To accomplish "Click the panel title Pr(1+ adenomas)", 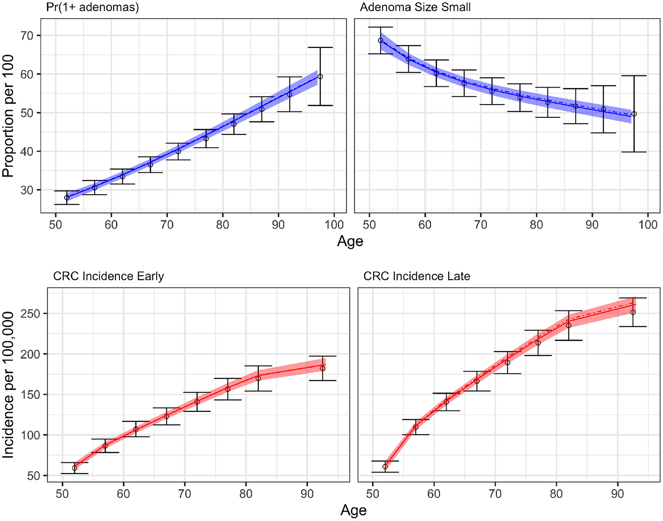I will point(92,7).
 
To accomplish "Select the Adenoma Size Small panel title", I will point(415,7).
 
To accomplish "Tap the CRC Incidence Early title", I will point(108,276).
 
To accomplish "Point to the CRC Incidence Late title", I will point(416,276).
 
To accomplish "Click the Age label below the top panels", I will point(350,241).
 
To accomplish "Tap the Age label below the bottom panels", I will point(353,510).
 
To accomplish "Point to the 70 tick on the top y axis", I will point(27,35).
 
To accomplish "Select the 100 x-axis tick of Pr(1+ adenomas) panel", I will point(334,224).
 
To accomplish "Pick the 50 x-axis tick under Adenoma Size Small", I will point(369,224).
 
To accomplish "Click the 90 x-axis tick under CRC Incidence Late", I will point(618,493).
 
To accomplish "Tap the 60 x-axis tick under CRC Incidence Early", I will point(124,493).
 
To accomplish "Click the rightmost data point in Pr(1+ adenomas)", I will point(320,76).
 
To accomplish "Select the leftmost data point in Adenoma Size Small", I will point(381,41).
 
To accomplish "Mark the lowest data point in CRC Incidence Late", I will point(385,467).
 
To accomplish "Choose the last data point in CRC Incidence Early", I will point(322,368).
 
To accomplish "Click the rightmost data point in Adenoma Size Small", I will point(634,114).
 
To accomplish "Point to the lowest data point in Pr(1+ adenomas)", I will point(67,198).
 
